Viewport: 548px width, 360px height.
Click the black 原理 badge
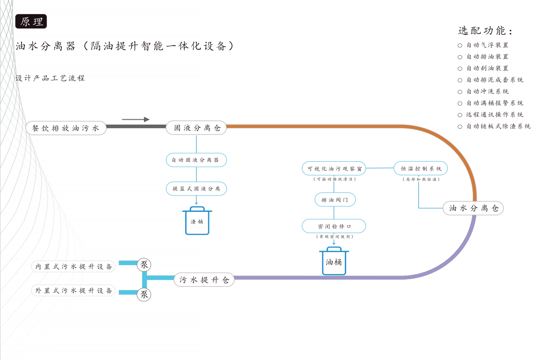(31, 22)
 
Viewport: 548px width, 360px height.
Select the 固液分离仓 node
(196, 128)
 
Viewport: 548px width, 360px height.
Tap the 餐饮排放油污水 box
(66, 128)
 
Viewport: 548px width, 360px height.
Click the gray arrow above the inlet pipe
(135, 119)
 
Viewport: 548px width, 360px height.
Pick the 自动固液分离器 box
(196, 160)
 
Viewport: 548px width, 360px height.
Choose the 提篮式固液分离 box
(196, 188)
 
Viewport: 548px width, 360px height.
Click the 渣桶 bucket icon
(197, 221)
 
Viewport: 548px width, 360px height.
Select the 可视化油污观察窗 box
(334, 169)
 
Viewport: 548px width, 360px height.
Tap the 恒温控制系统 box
(421, 168)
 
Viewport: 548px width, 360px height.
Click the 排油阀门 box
(334, 200)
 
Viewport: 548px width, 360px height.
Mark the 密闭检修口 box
(334, 226)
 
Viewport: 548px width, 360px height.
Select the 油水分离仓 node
(473, 208)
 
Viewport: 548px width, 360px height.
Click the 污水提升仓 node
(204, 280)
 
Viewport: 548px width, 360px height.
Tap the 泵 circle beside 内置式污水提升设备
(144, 265)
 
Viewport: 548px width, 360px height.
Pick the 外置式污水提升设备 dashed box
(74, 290)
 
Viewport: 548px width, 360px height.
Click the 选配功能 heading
(486, 31)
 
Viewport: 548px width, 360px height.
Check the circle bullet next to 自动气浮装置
(460, 45)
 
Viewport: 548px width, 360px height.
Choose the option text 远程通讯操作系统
(495, 115)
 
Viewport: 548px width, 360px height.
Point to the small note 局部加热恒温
(421, 179)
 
